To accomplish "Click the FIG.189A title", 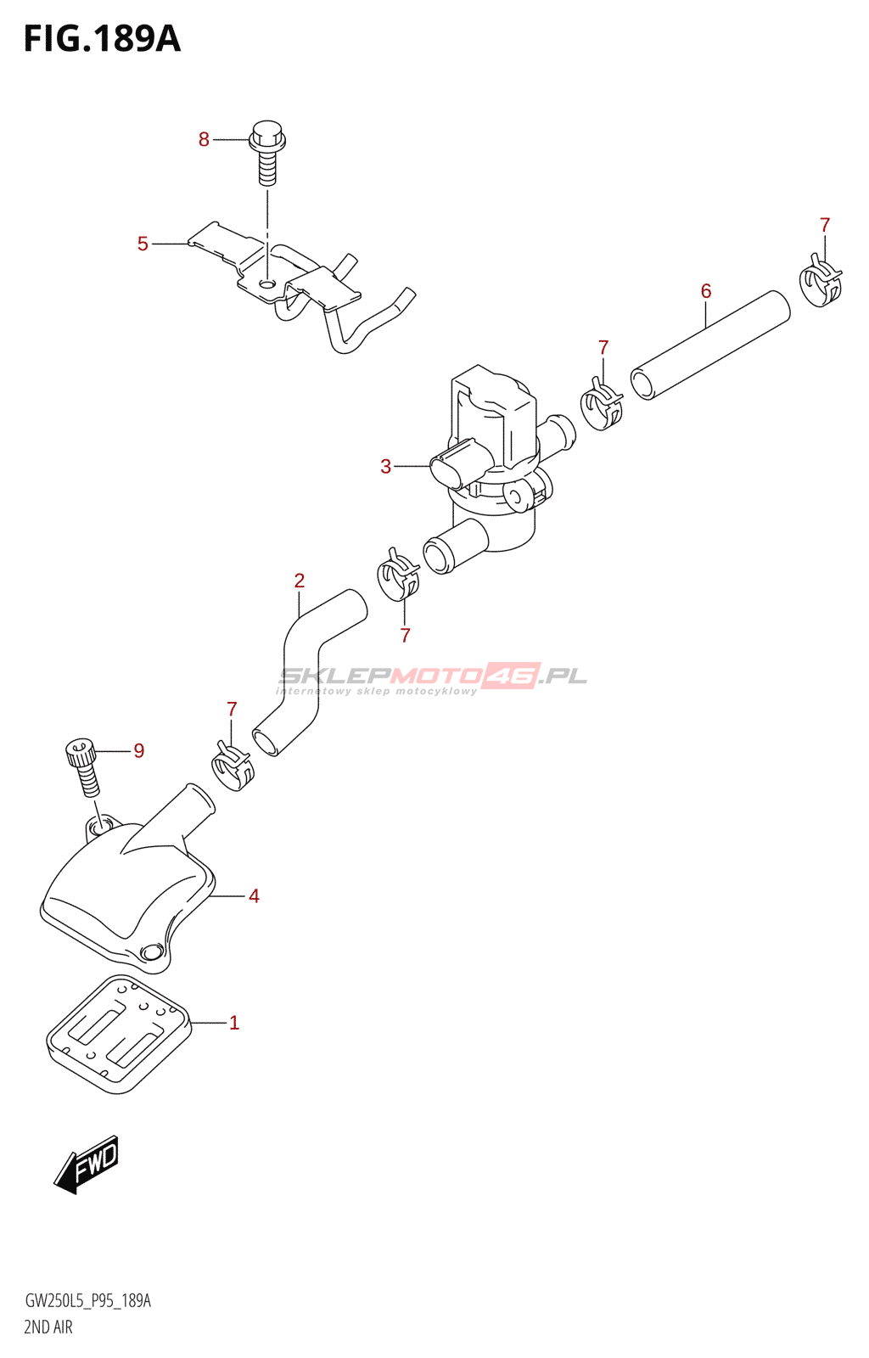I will (x=102, y=39).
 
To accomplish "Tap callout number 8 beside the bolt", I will (x=204, y=139).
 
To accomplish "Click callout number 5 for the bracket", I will (x=143, y=244).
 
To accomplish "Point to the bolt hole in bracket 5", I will (x=267, y=283).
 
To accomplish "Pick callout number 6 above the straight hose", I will (x=706, y=291).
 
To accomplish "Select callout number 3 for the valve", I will (x=385, y=466).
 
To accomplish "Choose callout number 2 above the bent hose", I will (x=300, y=581).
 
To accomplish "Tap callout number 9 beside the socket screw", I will (x=139, y=750).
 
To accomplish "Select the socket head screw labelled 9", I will (x=83, y=766).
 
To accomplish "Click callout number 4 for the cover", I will (x=254, y=895).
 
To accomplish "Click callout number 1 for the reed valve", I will (x=234, y=1023).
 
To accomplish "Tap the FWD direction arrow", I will (x=87, y=1164).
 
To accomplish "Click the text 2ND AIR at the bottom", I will (x=48, y=1327).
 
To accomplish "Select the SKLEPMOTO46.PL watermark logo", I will (x=433, y=677).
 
